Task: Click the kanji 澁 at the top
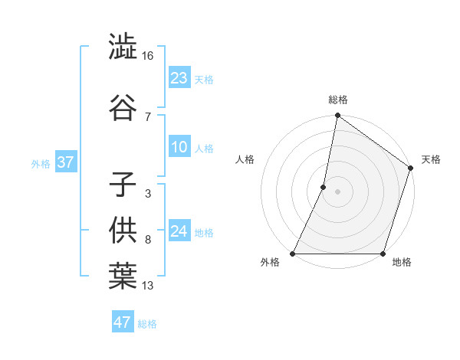click(x=123, y=47)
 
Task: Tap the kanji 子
click(x=123, y=185)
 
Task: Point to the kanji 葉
click(x=123, y=277)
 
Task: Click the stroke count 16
click(x=148, y=56)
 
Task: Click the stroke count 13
click(x=148, y=286)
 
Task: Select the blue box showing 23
click(x=179, y=78)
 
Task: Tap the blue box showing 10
click(x=179, y=148)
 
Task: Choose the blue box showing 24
click(x=179, y=231)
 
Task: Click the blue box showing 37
click(x=65, y=162)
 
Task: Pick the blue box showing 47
click(x=122, y=322)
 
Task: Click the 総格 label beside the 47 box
click(x=147, y=324)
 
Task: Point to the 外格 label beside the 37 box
click(x=41, y=163)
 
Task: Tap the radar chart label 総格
click(x=337, y=100)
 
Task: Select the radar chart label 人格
click(x=245, y=159)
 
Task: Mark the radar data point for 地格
click(x=383, y=254)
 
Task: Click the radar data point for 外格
click(x=293, y=254)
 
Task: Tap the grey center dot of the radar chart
click(x=337, y=191)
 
